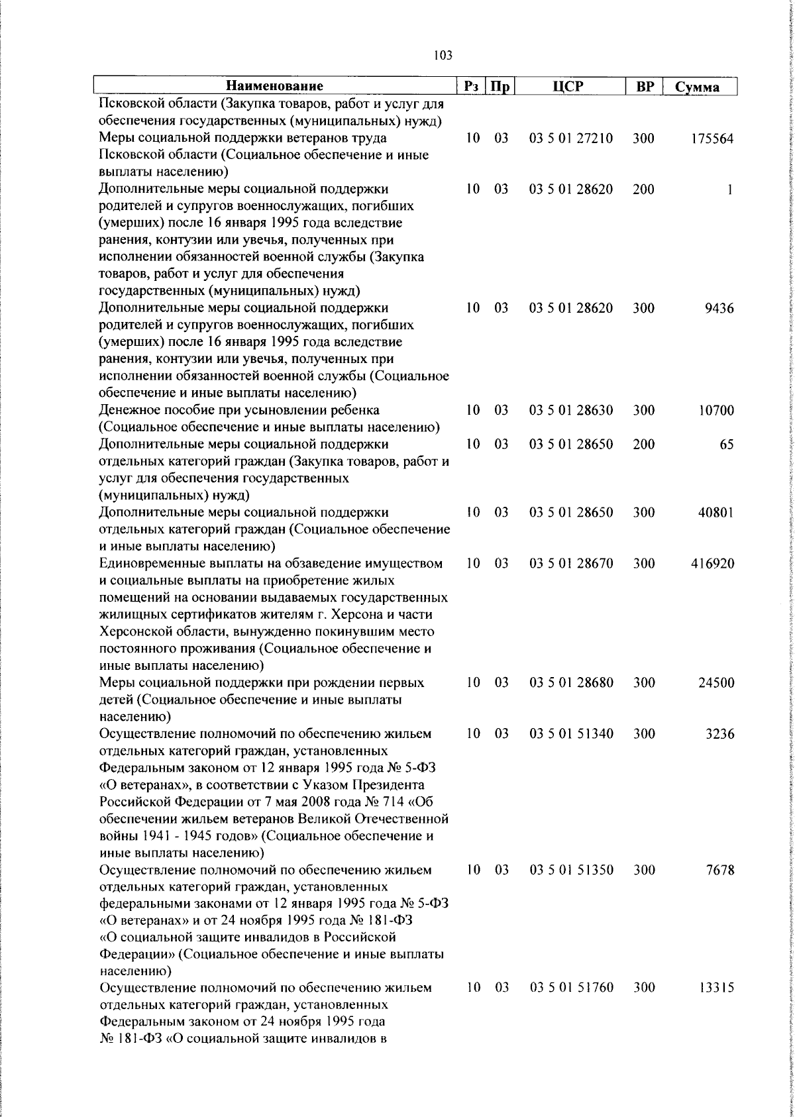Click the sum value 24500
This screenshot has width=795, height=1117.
pos(715,682)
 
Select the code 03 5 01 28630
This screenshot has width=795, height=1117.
pos(571,410)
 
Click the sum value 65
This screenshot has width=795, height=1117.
pos(727,445)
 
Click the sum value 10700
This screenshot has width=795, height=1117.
pos(715,410)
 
